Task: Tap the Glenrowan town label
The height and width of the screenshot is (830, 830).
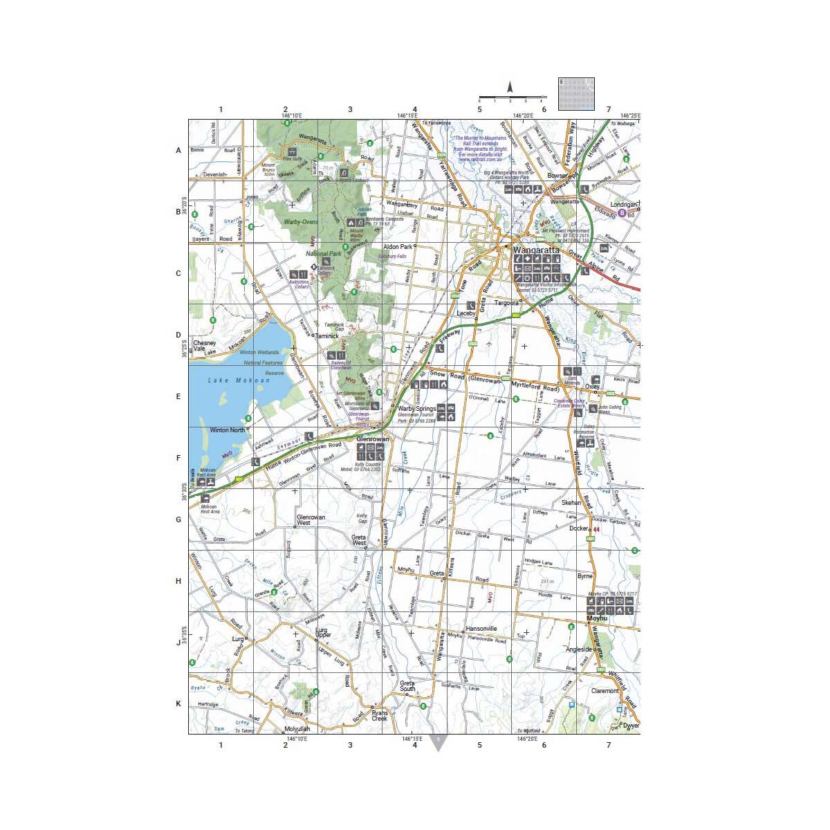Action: point(373,439)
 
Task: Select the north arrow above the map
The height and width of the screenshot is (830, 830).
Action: point(510,87)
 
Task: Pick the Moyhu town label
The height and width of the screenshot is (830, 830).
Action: point(596,618)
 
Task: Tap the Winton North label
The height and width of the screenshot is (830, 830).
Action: point(228,430)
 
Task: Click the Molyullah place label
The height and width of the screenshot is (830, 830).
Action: point(297,729)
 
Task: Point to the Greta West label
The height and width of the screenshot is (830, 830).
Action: point(358,540)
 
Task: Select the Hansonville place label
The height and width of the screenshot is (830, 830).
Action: point(482,629)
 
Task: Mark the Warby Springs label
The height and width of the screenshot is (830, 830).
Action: point(416,409)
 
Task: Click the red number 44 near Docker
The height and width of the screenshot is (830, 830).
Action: point(596,530)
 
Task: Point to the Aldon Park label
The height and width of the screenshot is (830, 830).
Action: point(398,247)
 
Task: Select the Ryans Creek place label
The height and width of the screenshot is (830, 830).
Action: point(380,715)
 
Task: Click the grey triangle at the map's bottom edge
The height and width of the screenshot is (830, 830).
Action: point(438,743)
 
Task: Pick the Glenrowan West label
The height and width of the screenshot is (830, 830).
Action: point(311,520)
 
